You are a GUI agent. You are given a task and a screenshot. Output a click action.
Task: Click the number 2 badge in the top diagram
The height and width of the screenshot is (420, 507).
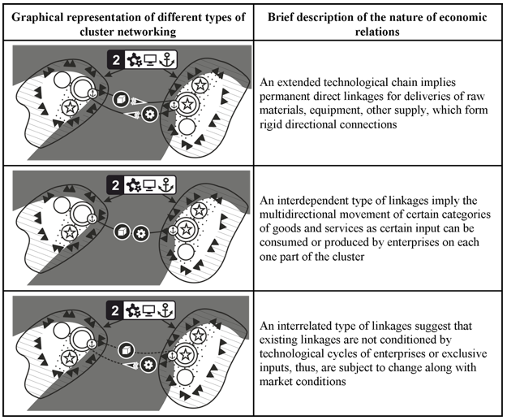click(x=116, y=60)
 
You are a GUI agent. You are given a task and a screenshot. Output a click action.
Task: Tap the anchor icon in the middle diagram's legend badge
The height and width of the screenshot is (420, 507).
click(x=166, y=185)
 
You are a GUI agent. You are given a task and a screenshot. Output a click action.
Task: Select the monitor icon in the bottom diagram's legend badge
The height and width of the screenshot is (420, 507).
click(x=148, y=310)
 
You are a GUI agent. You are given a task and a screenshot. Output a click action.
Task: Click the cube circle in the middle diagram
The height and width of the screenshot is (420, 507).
click(x=122, y=232)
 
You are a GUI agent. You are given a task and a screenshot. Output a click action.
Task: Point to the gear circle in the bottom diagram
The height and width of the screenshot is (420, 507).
click(x=148, y=365)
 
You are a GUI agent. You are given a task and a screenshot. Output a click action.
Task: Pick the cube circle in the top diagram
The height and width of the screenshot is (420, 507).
click(x=122, y=99)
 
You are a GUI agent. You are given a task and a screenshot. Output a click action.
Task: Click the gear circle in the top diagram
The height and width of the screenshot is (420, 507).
click(x=150, y=114)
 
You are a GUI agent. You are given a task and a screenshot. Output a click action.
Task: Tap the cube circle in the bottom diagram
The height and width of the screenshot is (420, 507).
click(x=126, y=350)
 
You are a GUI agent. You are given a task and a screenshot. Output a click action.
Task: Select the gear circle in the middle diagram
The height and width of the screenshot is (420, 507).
click(x=141, y=233)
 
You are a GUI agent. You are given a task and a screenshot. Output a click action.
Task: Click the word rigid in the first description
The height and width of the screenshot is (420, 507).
click(x=271, y=124)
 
